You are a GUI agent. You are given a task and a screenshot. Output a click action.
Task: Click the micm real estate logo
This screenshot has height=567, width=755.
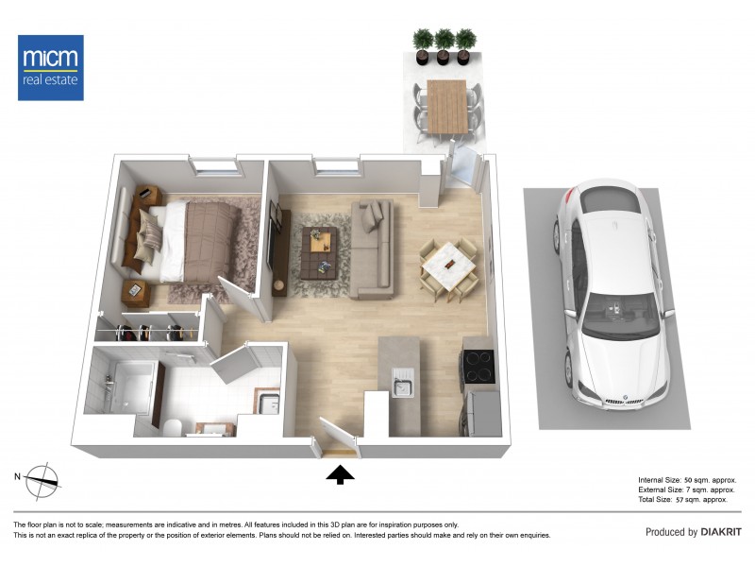(x=51, y=67)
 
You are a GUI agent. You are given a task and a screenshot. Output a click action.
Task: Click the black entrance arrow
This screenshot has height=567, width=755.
(x=341, y=474)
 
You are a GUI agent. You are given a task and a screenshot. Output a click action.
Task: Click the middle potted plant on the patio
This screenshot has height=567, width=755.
(x=443, y=43)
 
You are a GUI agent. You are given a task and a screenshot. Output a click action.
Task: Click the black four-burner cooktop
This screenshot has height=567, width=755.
(x=477, y=366)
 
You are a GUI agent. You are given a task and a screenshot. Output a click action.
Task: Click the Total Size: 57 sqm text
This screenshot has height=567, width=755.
(x=687, y=499)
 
